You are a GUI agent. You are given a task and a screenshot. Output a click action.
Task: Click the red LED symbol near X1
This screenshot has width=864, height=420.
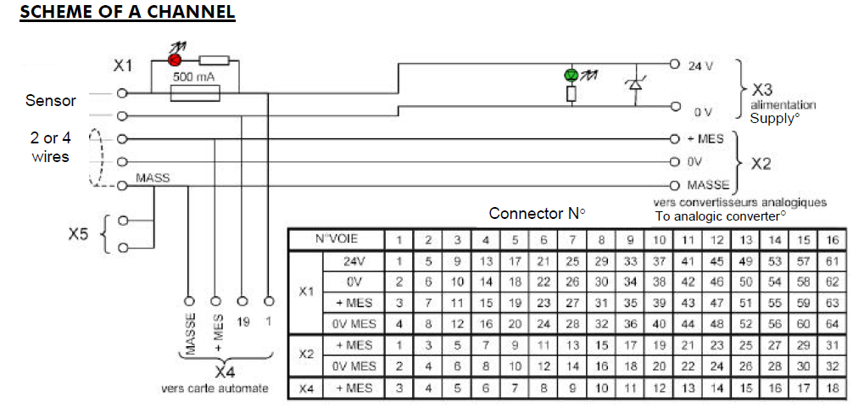point(175,60)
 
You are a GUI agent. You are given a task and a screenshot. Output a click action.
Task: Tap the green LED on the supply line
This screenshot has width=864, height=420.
point(571,76)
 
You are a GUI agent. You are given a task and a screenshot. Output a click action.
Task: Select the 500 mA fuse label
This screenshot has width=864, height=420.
point(193,76)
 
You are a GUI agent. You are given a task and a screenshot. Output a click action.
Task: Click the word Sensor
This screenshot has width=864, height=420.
point(51,101)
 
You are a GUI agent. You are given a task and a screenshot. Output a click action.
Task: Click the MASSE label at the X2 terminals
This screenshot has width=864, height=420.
point(708,184)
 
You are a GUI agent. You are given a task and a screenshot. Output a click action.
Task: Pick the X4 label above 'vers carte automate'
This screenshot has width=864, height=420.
point(225,372)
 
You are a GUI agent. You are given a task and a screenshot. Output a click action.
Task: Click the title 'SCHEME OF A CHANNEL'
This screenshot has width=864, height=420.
point(127,14)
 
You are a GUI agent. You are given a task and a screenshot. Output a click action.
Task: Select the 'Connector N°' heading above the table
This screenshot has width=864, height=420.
point(538,213)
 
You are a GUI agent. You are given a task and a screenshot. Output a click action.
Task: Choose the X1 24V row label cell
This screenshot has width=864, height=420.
point(357,260)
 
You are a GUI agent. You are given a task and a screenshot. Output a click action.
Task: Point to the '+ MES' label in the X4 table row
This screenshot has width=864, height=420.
point(357,389)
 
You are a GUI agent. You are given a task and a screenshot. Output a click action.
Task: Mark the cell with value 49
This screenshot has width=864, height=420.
point(746,260)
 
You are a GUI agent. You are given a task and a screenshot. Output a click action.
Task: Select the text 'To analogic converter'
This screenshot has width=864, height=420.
point(720,216)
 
